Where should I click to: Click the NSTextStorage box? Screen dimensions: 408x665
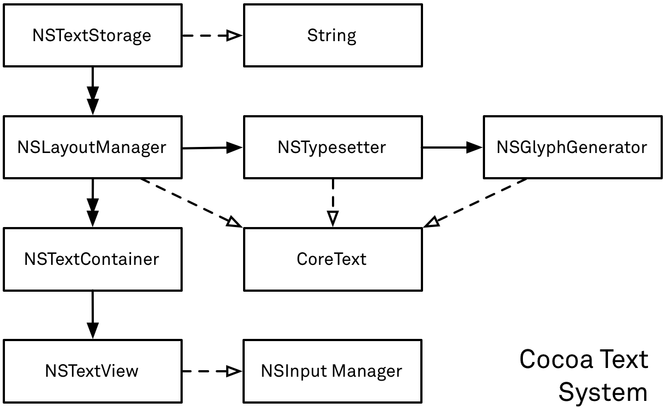tap(92, 36)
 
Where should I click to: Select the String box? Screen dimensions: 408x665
tap(332, 36)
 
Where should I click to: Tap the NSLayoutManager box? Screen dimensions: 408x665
tap(92, 147)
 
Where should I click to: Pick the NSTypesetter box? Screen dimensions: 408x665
tap(332, 147)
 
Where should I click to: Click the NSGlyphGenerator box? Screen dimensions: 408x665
tap(572, 147)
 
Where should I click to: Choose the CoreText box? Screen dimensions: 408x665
tap(332, 259)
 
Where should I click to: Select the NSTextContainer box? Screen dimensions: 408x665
tap(92, 259)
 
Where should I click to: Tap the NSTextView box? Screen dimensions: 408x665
tap(92, 371)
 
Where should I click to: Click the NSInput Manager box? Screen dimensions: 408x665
tap(332, 371)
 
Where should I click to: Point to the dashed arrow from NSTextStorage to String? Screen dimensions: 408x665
tap(212, 36)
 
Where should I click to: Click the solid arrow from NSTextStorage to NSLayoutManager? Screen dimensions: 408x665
tap(92, 90)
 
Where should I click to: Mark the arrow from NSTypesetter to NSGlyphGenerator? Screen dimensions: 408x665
tap(452, 147)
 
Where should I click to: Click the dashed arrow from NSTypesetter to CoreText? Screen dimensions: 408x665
tap(332, 202)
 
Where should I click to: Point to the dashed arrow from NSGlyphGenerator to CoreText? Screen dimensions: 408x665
tap(477, 202)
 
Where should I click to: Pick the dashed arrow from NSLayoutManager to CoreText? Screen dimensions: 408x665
tap(189, 202)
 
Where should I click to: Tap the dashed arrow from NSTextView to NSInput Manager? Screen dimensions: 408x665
tap(212, 371)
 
